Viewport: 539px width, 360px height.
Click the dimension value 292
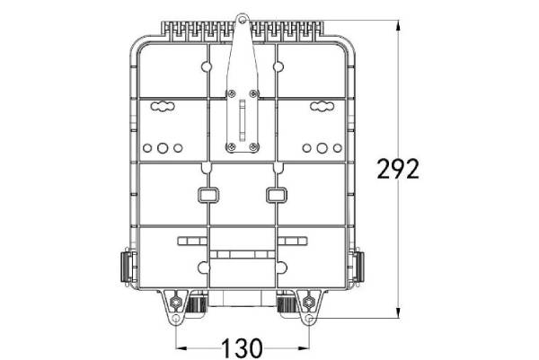pyautogui.click(x=398, y=169)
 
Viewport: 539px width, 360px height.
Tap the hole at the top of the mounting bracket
pyautogui.click(x=242, y=17)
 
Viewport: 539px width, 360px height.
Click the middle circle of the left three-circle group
pyautogui.click(x=163, y=147)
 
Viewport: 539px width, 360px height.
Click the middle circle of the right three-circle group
pyautogui.click(x=321, y=147)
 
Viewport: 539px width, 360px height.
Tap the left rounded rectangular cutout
pyautogui.click(x=207, y=194)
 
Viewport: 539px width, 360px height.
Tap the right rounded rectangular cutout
pyautogui.click(x=276, y=194)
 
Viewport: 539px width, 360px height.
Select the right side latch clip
pyautogui.click(x=360, y=267)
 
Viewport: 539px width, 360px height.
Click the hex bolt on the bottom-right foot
pyautogui.click(x=309, y=299)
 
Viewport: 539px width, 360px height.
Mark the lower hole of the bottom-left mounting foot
pyautogui.click(x=174, y=318)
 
